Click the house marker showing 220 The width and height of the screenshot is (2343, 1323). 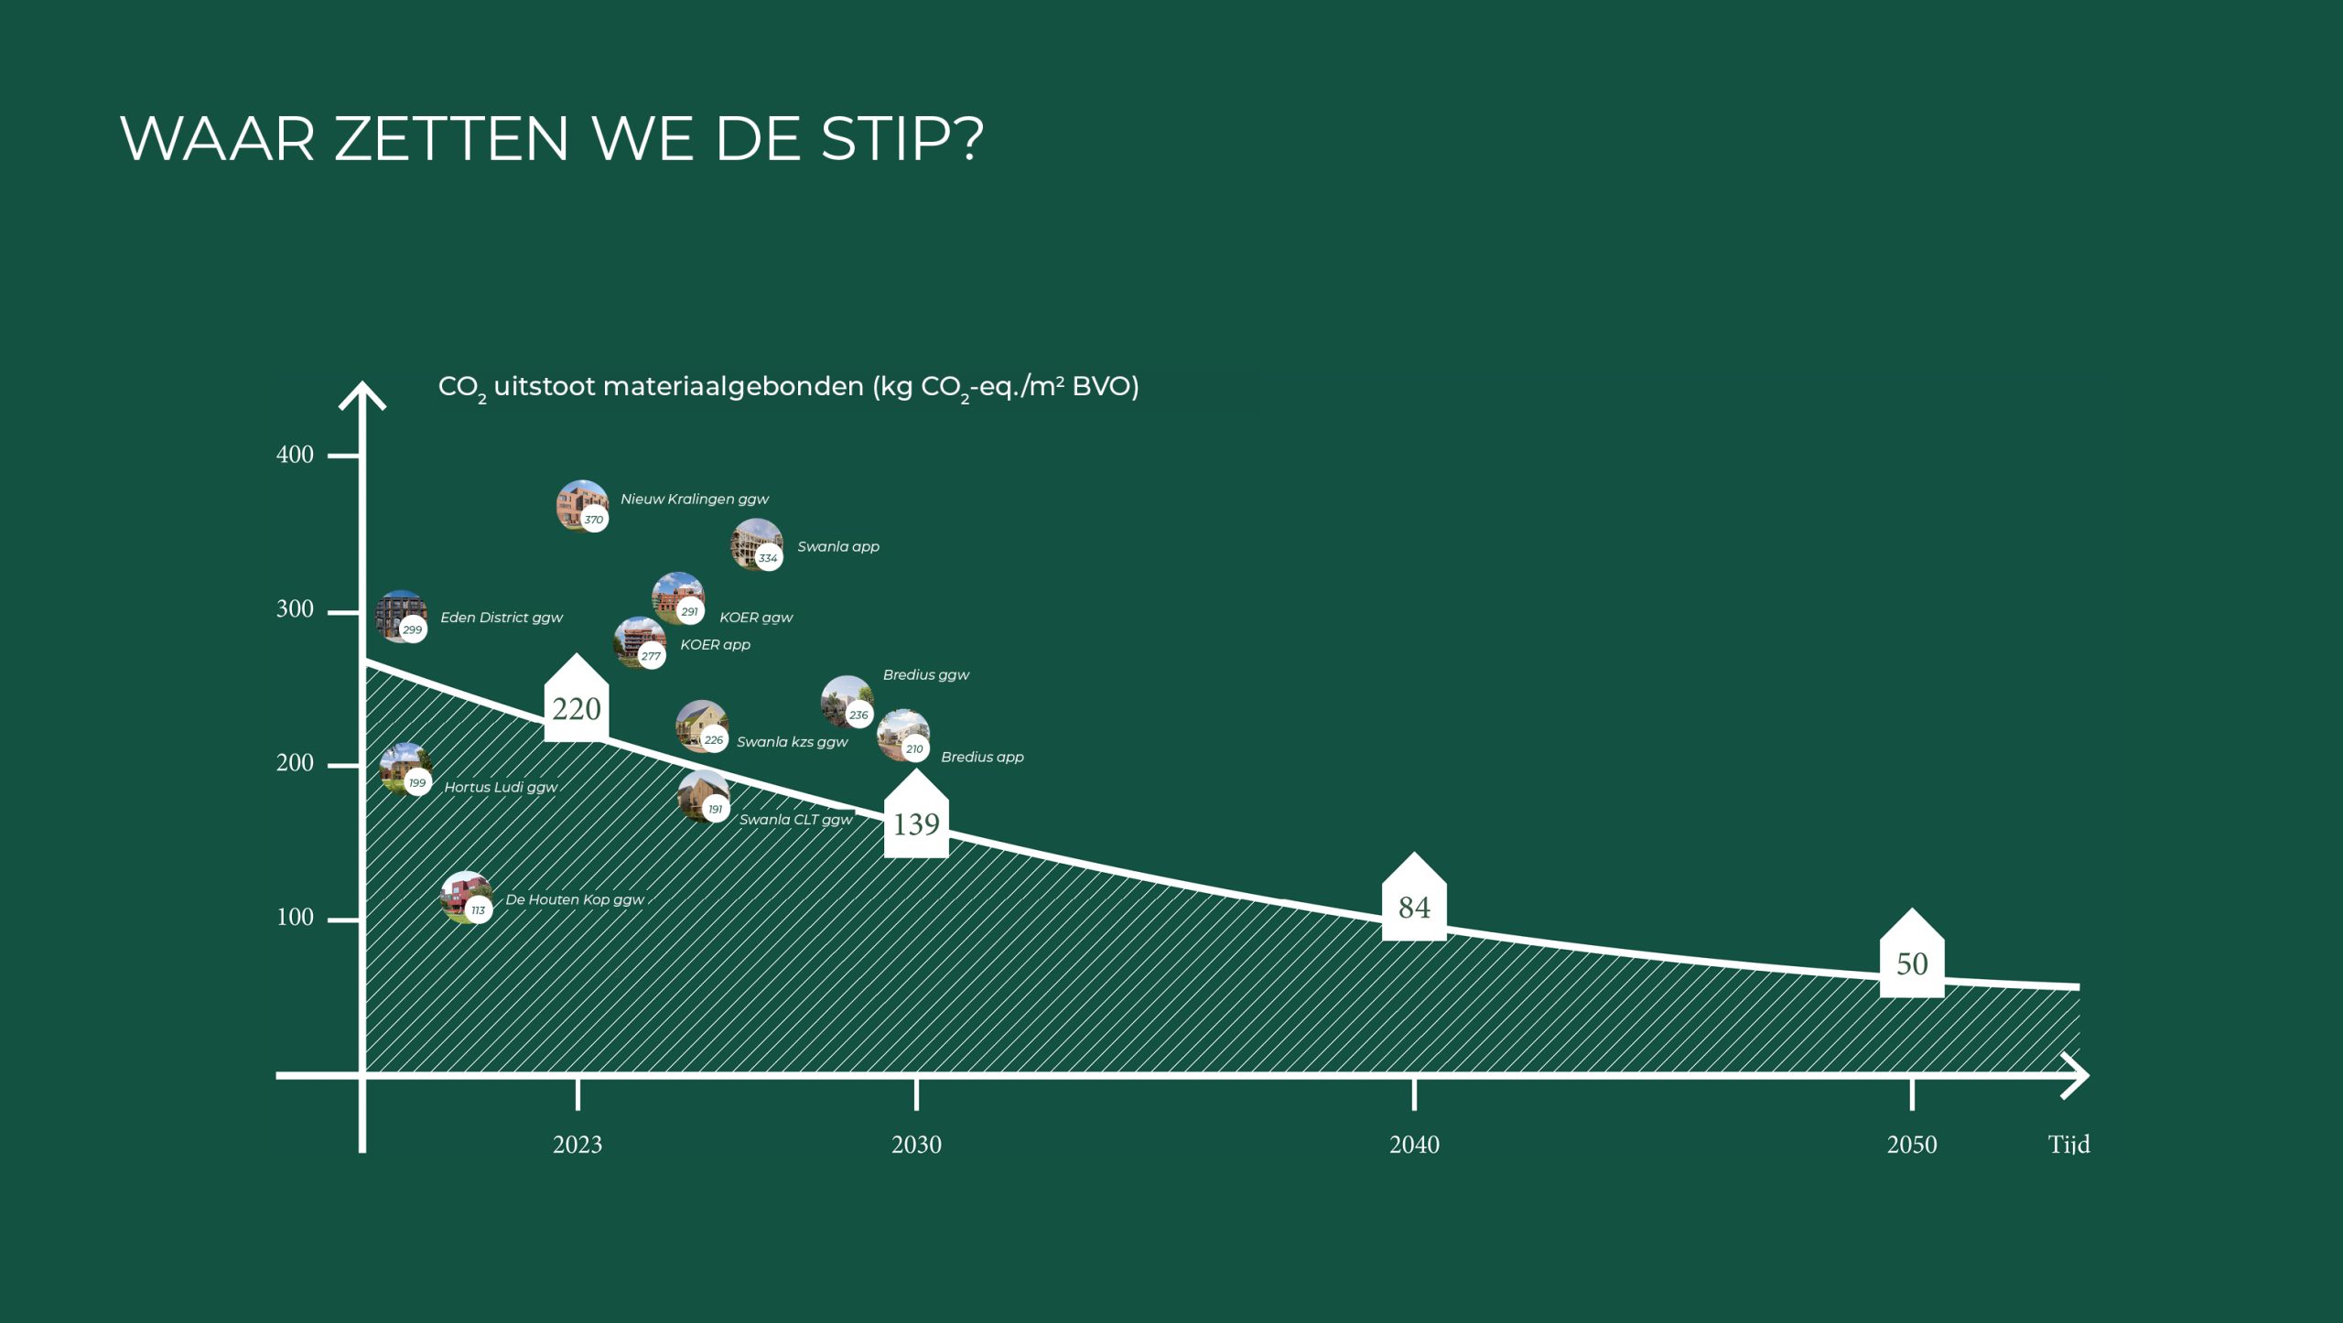pyautogui.click(x=576, y=699)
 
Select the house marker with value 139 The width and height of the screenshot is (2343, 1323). pyautogui.click(x=916, y=814)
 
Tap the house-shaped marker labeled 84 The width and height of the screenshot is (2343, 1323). pyautogui.click(x=1414, y=898)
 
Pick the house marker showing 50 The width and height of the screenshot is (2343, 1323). pyautogui.click(x=1912, y=953)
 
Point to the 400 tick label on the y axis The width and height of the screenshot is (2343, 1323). pyautogui.click(x=295, y=455)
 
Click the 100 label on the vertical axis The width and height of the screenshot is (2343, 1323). pyautogui.click(x=295, y=918)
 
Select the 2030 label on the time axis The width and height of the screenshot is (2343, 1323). pyautogui.click(x=916, y=1145)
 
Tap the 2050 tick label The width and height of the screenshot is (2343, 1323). pyautogui.click(x=1912, y=1145)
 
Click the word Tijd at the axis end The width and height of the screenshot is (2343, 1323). pyautogui.click(x=2068, y=1145)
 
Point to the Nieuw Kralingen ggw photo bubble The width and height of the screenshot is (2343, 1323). pyautogui.click(x=582, y=505)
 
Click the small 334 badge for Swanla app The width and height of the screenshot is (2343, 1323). pyautogui.click(x=768, y=557)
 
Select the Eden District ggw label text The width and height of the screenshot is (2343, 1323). pyautogui.click(x=502, y=618)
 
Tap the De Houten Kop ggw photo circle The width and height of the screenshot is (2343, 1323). pyautogui.click(x=467, y=898)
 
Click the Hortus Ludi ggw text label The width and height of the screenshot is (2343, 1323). pyautogui.click(x=501, y=787)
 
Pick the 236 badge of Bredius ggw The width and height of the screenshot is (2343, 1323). pyautogui.click(x=858, y=715)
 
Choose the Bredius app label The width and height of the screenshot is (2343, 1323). pyautogui.click(x=982, y=758)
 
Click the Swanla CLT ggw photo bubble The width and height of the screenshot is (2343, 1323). pyautogui.click(x=704, y=796)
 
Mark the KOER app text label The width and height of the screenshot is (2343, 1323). pyautogui.click(x=715, y=645)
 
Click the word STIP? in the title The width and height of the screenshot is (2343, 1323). pyautogui.click(x=902, y=139)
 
